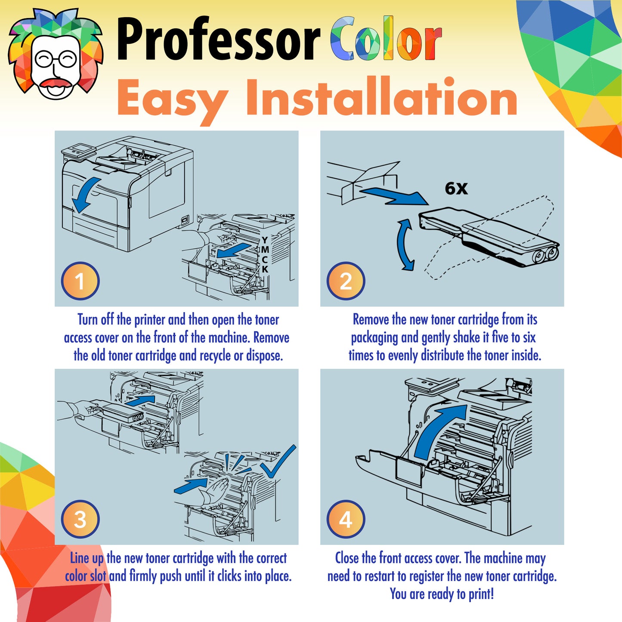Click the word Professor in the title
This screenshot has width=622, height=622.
[x=218, y=40]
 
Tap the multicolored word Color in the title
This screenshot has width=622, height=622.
[x=386, y=40]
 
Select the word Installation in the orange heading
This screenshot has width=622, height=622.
[x=381, y=98]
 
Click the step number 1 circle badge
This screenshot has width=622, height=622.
[x=80, y=281]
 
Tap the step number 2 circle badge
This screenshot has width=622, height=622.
[x=346, y=281]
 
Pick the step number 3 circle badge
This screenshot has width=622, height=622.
[x=80, y=519]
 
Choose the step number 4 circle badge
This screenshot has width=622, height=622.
[x=346, y=519]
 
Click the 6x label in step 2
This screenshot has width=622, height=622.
[x=456, y=188]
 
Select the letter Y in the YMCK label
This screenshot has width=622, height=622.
[x=265, y=240]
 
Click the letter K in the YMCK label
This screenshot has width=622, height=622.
[x=265, y=269]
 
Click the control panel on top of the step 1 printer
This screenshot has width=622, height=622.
[x=78, y=150]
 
